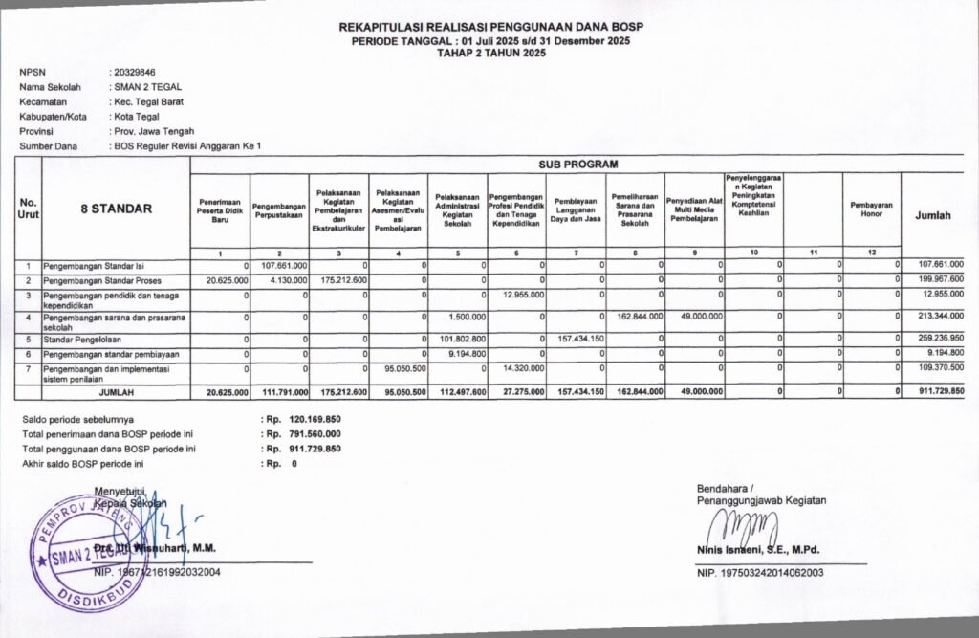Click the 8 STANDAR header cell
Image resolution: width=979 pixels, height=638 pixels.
click(x=116, y=209)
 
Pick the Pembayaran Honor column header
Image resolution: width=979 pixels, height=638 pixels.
click(x=871, y=209)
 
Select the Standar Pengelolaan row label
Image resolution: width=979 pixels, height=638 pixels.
click(x=82, y=339)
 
